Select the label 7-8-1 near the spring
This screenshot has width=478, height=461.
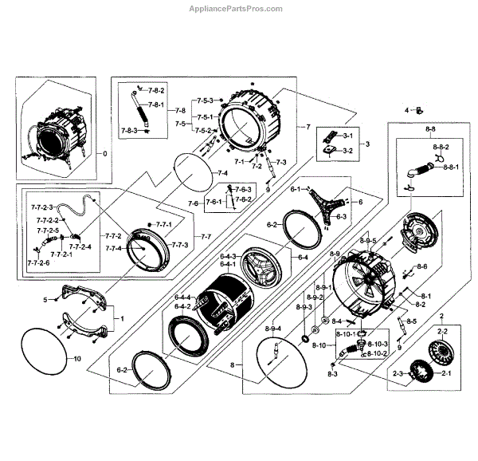155,105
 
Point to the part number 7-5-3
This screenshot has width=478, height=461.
206,100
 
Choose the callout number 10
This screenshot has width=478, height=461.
77,360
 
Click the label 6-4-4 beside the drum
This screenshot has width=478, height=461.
182,297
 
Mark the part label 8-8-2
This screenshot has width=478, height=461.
442,148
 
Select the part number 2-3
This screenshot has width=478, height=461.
396,372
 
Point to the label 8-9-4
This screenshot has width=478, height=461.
272,329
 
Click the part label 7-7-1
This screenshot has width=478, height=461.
163,225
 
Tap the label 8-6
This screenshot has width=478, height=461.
422,266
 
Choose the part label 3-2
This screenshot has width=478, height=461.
347,150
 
